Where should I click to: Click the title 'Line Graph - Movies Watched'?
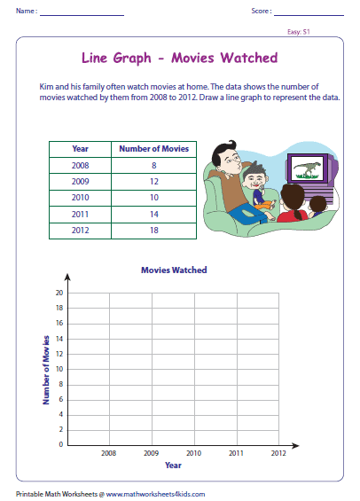point(179,59)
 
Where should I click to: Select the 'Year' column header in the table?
point(80,149)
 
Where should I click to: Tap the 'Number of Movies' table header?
point(153,149)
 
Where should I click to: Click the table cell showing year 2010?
point(80,196)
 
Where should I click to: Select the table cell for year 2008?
point(80,164)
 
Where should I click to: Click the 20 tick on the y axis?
point(59,293)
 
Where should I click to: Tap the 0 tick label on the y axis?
point(60,444)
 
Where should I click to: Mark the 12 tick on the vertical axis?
point(59,354)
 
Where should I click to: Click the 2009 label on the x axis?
point(151,453)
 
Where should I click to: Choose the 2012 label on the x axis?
point(278,453)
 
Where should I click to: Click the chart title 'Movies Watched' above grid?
point(174,270)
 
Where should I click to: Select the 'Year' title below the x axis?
point(173,465)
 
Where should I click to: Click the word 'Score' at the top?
point(261,11)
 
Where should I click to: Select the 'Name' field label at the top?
point(25,11)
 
